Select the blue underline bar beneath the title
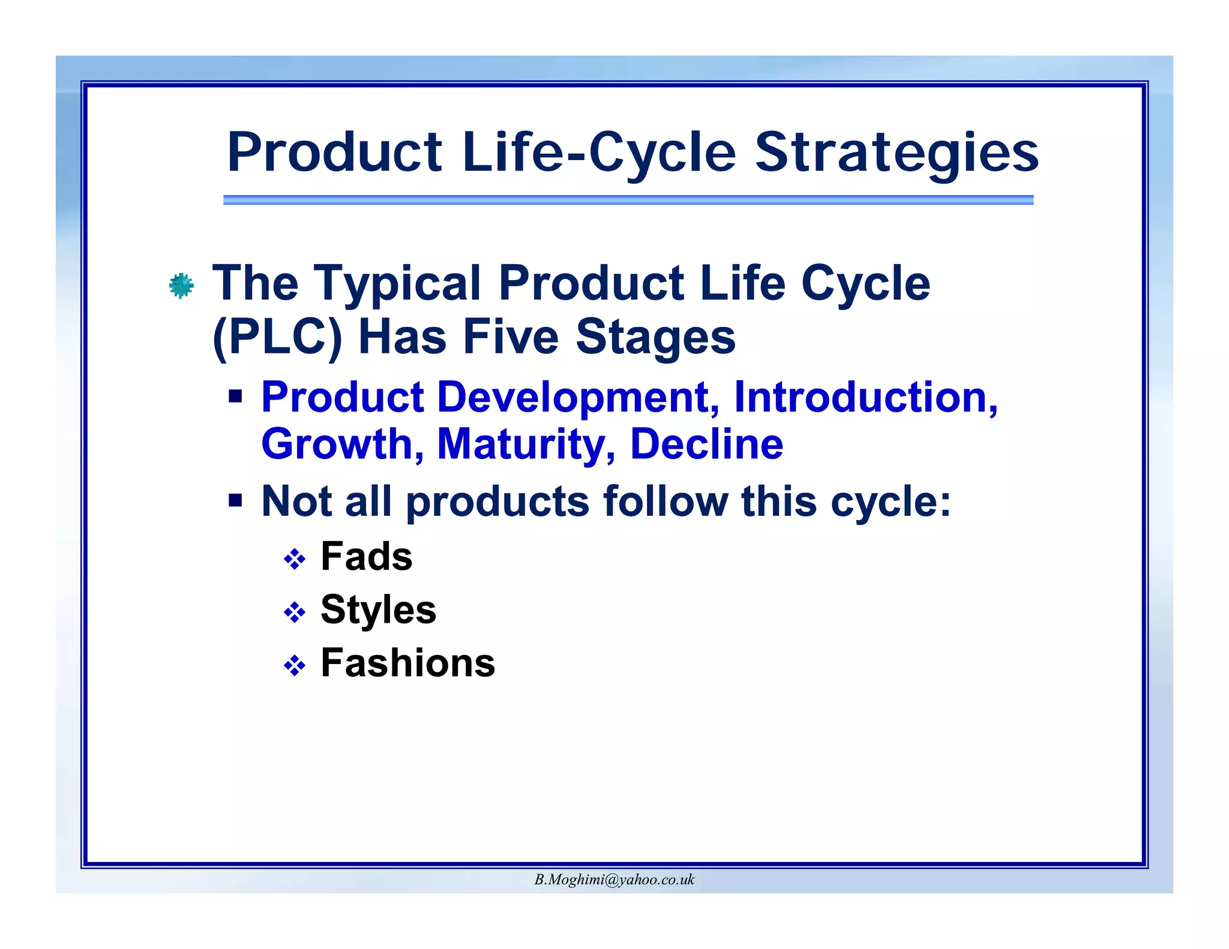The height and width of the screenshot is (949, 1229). point(628,200)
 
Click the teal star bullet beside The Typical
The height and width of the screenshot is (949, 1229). point(181,286)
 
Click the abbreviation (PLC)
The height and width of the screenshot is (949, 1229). point(277,337)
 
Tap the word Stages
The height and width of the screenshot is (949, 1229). point(655,337)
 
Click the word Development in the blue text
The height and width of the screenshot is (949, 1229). point(578,397)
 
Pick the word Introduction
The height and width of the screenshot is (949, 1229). point(865,397)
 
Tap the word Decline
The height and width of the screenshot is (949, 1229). point(706,444)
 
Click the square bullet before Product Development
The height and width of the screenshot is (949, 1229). point(235,396)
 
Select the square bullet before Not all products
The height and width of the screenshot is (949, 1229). point(235,500)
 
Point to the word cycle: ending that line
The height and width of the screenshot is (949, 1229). point(890,501)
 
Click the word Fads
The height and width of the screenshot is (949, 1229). point(367,556)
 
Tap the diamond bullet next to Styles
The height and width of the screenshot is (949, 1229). point(295,612)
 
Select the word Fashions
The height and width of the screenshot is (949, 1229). point(407,663)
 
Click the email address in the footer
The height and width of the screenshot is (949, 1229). point(614,879)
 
